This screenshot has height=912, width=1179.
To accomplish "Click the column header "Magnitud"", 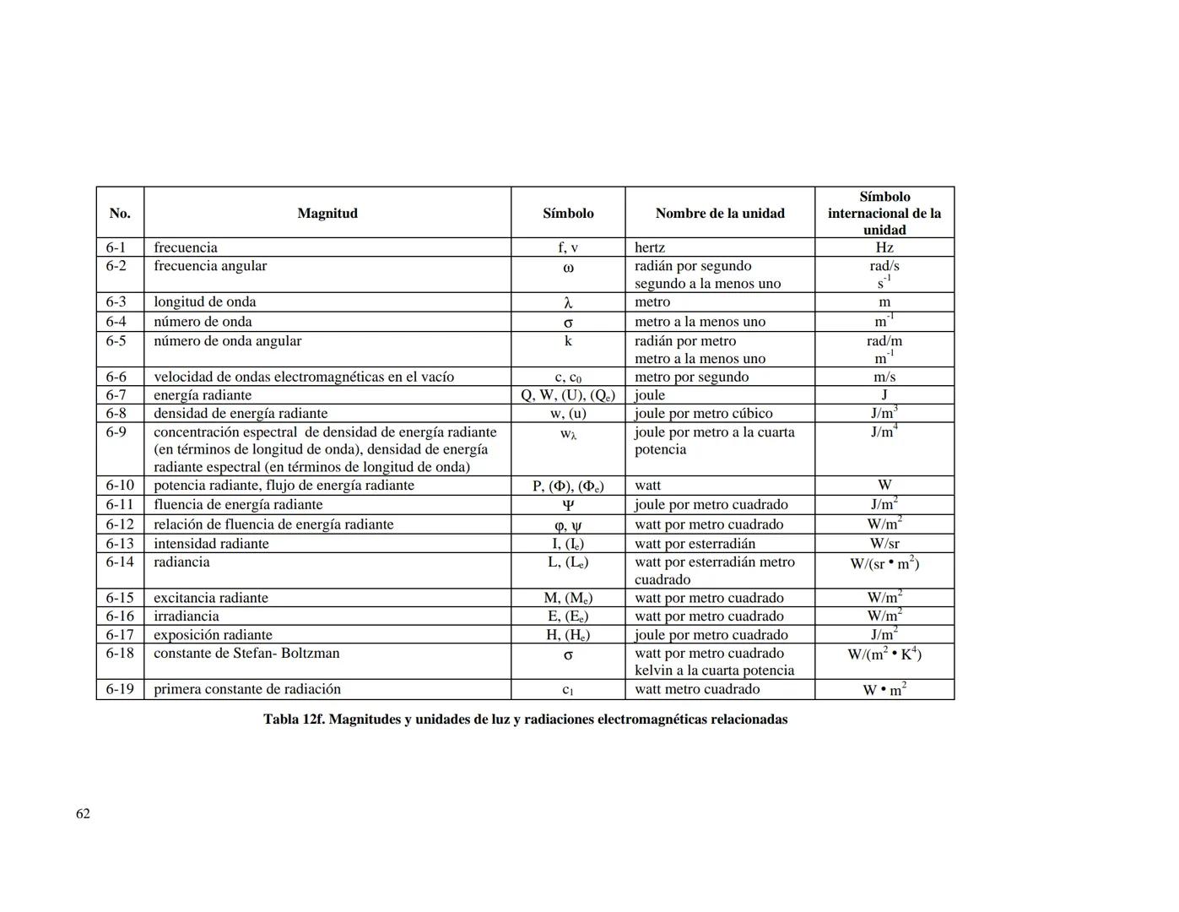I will click(x=327, y=213).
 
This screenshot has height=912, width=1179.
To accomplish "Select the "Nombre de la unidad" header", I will click(x=720, y=213).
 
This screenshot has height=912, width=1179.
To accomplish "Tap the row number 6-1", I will click(x=116, y=247).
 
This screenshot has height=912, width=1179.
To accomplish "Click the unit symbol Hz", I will click(x=884, y=247).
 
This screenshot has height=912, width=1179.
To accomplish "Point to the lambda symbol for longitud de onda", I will click(x=568, y=302).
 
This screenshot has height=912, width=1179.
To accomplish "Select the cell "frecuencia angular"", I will click(x=210, y=266).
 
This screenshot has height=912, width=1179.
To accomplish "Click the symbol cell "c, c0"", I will click(x=568, y=377).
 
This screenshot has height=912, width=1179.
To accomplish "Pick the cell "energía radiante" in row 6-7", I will click(x=203, y=395).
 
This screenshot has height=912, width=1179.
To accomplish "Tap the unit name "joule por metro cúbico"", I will click(x=704, y=413).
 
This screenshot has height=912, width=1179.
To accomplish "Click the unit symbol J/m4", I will click(x=884, y=432).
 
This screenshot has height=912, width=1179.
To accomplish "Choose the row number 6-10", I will click(x=119, y=486).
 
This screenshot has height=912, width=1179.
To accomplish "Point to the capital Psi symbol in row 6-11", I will click(x=568, y=505).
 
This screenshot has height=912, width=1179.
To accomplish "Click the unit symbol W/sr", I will click(x=884, y=544).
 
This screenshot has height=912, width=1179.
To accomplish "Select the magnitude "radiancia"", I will click(x=181, y=562).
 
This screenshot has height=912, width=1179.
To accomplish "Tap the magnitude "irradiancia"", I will click(x=187, y=616).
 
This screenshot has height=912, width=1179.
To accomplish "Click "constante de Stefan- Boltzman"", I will click(x=246, y=654).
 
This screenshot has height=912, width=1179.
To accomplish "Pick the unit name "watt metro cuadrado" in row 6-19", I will click(x=697, y=689).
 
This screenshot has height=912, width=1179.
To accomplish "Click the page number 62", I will click(x=83, y=813).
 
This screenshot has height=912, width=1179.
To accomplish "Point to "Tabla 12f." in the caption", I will click(x=293, y=719).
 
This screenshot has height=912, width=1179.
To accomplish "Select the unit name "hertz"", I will click(x=650, y=247).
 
